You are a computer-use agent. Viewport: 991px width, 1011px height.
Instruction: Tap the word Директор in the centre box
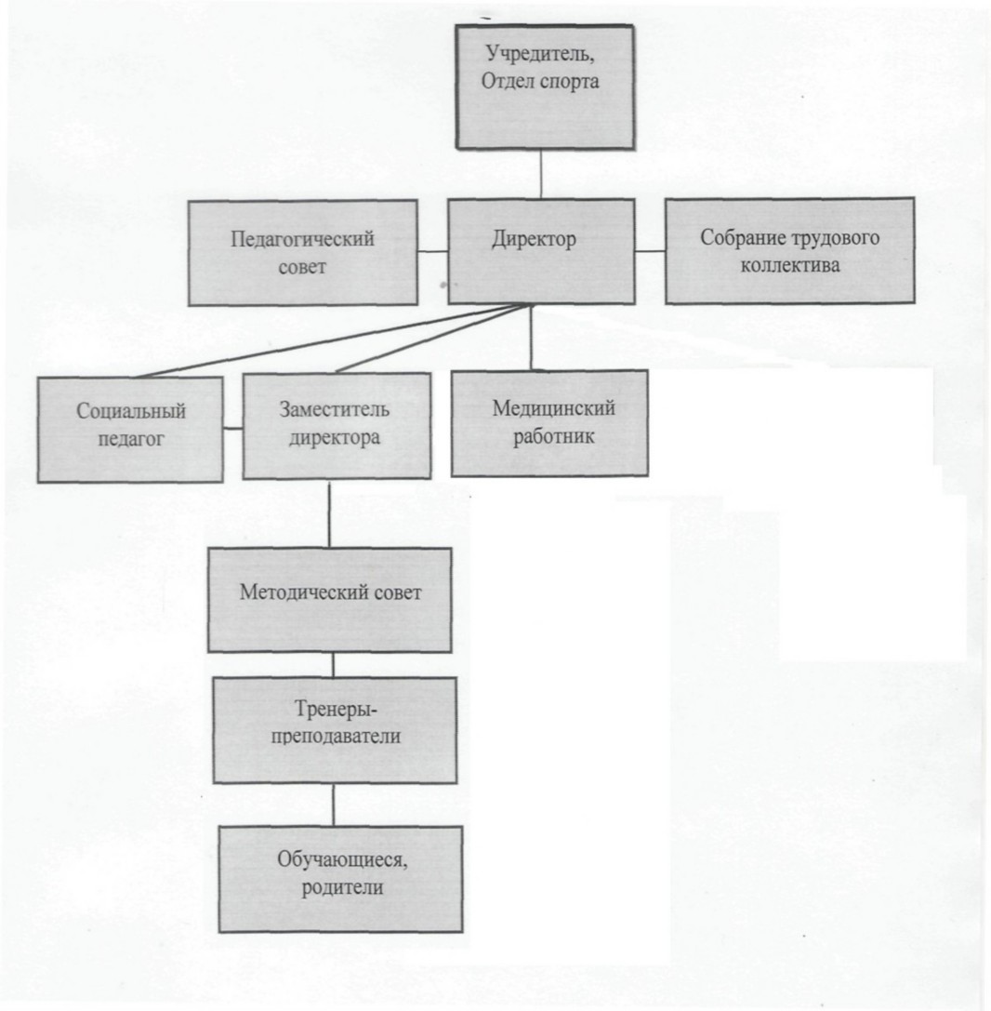point(535,240)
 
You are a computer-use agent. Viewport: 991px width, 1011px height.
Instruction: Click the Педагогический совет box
point(303,252)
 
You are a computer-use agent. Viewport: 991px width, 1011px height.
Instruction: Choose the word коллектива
point(790,266)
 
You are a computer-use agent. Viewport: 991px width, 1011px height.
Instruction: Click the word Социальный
point(131,411)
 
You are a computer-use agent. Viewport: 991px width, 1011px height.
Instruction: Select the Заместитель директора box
point(337,426)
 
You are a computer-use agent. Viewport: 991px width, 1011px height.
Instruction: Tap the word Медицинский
point(553,408)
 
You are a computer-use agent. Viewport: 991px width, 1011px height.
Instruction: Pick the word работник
point(553,437)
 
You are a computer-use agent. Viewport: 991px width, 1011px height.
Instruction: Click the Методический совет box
point(329,600)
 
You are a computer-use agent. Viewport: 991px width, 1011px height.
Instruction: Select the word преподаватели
point(336,737)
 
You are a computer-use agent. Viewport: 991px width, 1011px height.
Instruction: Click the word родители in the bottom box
point(342,887)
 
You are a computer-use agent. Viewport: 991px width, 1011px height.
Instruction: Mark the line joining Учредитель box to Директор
point(541,174)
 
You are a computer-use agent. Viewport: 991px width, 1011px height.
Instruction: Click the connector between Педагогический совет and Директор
point(433,251)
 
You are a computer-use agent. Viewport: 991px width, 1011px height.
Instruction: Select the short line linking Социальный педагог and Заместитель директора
point(232,428)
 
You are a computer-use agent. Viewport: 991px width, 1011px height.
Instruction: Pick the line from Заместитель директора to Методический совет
point(329,514)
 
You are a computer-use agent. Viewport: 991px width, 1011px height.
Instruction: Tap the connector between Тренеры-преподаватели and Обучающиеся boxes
point(333,805)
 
